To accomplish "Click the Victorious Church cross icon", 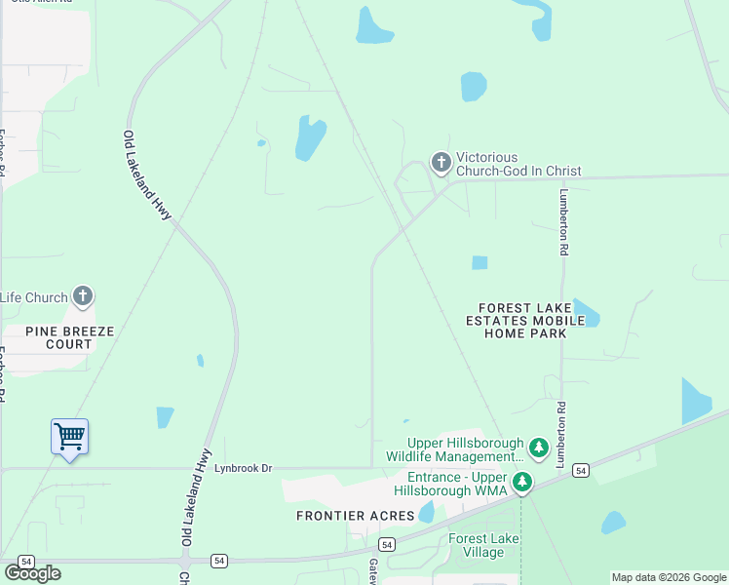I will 441,164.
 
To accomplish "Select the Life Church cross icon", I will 84,297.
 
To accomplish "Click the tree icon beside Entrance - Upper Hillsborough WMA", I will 523,483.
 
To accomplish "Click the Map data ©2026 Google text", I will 668,577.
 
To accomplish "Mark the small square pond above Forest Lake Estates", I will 480,262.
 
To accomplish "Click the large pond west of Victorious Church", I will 310,138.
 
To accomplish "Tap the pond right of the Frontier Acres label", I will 426,512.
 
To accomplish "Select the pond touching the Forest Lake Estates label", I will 588,312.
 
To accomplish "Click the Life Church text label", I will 34,297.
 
